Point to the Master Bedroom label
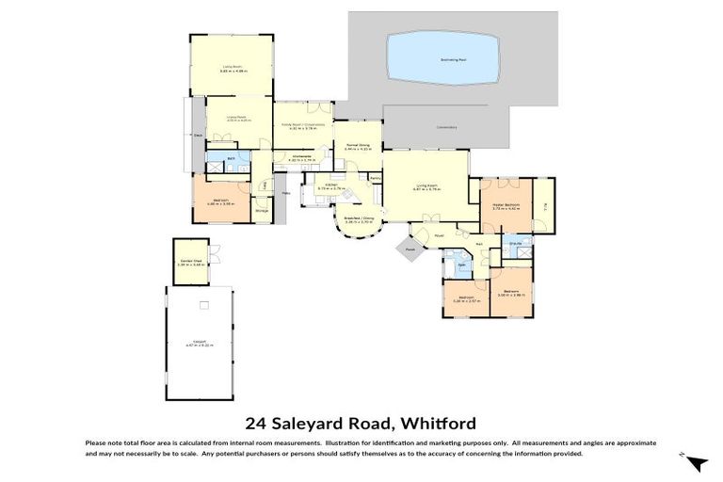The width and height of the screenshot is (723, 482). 506,205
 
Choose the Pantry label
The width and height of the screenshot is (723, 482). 375,178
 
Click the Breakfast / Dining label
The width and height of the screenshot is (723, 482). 346,219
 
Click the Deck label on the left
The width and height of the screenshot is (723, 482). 198,136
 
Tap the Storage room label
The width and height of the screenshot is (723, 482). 262,211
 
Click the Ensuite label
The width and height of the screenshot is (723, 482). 516,243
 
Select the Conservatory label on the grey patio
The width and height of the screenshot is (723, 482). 446,127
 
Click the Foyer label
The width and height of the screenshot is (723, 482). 438,235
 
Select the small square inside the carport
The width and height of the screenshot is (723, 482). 202,306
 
